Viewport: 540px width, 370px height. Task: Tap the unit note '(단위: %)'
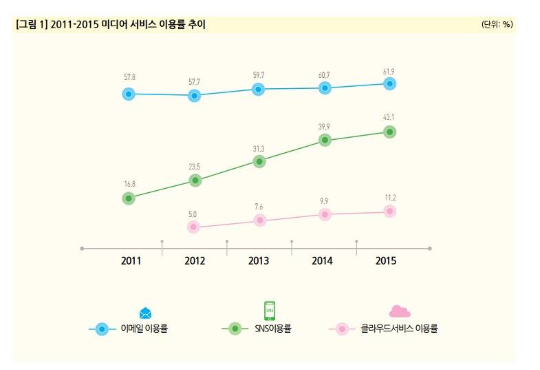497,25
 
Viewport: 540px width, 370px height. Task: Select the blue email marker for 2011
128,94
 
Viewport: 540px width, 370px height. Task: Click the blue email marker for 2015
389,83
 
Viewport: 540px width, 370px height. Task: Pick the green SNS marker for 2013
259,161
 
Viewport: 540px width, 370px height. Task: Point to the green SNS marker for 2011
128,198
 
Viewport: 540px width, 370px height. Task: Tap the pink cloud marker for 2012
193,227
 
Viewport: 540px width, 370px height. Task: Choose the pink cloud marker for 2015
389,211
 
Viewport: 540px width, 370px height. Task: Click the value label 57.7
195,82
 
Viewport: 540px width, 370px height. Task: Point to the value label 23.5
195,166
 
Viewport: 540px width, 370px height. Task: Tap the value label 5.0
193,214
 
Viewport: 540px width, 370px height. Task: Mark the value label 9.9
324,201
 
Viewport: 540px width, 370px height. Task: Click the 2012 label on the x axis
195,261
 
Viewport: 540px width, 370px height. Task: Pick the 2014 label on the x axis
322,261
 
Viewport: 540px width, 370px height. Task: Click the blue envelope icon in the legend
145,314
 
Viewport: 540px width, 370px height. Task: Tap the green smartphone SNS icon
270,310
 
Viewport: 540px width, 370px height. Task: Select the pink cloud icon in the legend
400,311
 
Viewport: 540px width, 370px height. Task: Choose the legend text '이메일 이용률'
144,329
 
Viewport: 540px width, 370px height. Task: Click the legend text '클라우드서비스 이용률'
399,329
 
